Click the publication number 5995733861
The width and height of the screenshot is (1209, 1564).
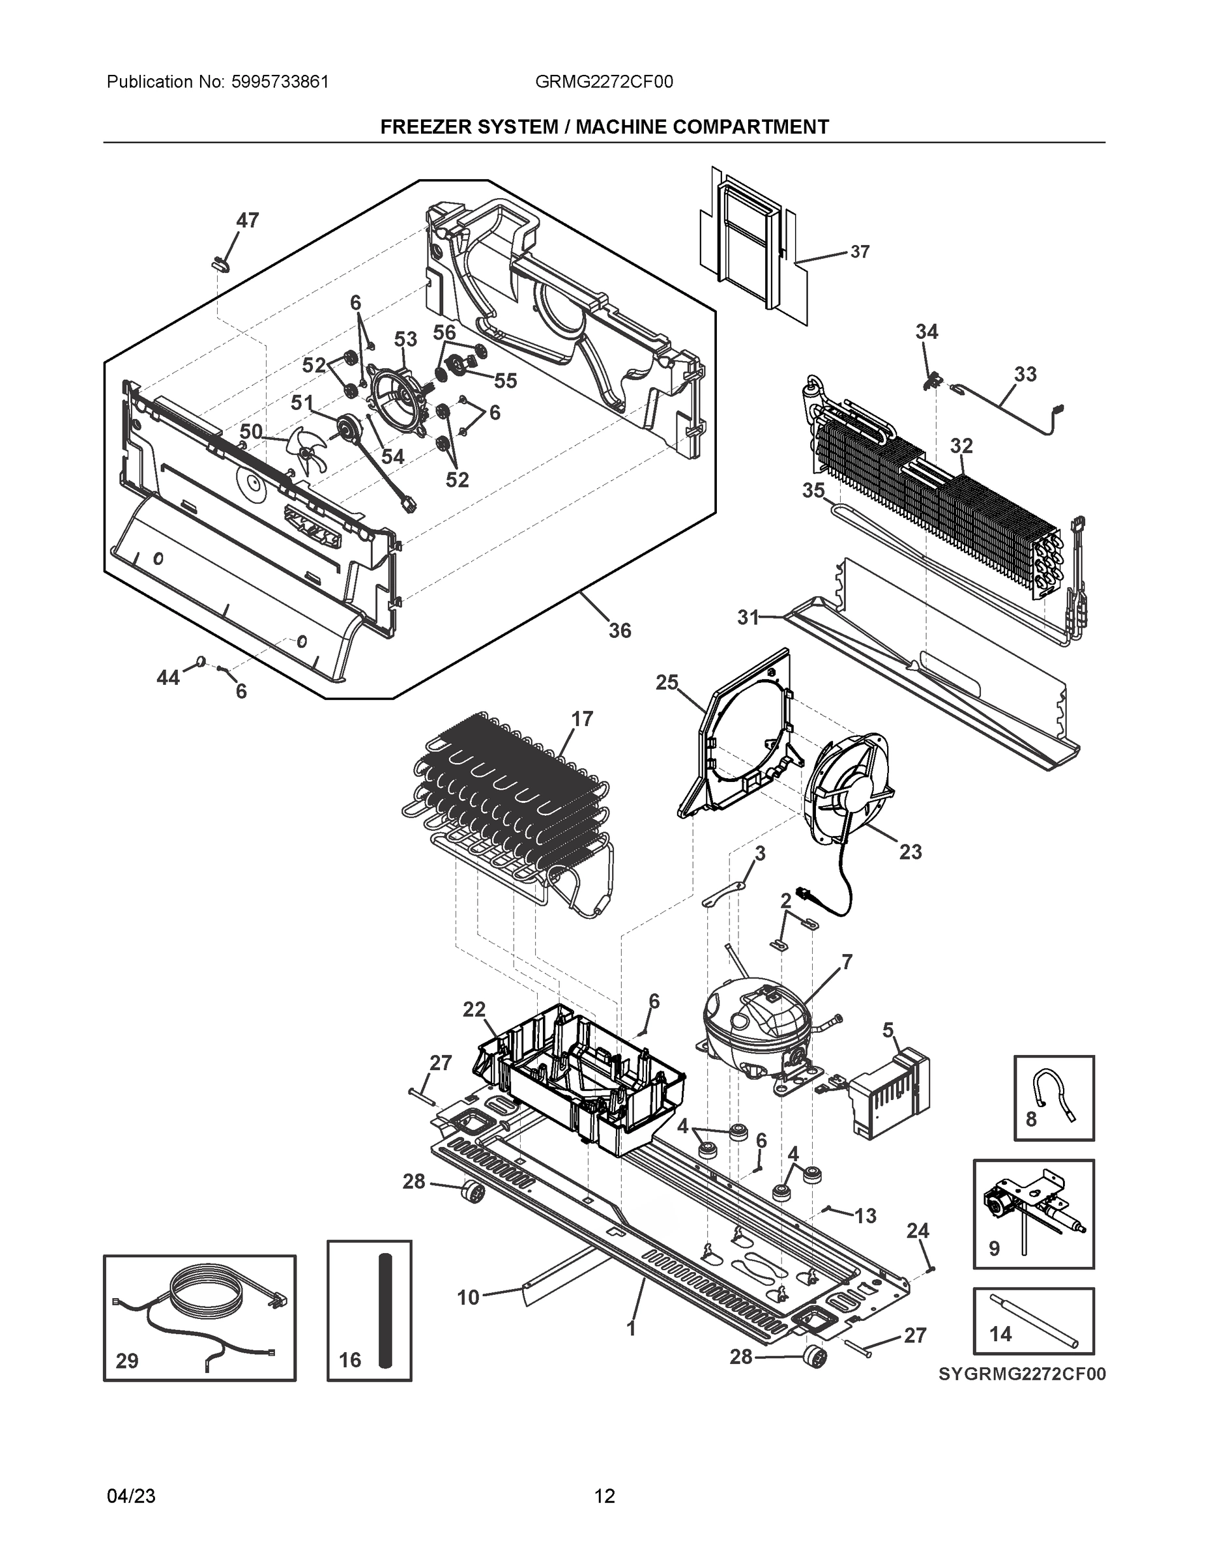pyautogui.click(x=280, y=81)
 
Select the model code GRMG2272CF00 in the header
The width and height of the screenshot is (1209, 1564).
pyautogui.click(x=604, y=81)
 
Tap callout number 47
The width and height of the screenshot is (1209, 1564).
pyautogui.click(x=247, y=220)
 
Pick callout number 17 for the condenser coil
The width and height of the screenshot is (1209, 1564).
pyautogui.click(x=581, y=718)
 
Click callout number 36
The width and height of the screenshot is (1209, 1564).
pyautogui.click(x=620, y=630)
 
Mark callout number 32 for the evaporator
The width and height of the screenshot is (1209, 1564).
pyautogui.click(x=961, y=446)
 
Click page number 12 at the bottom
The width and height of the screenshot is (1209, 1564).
pyautogui.click(x=605, y=1496)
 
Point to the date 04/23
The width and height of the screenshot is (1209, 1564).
pyautogui.click(x=131, y=1496)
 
